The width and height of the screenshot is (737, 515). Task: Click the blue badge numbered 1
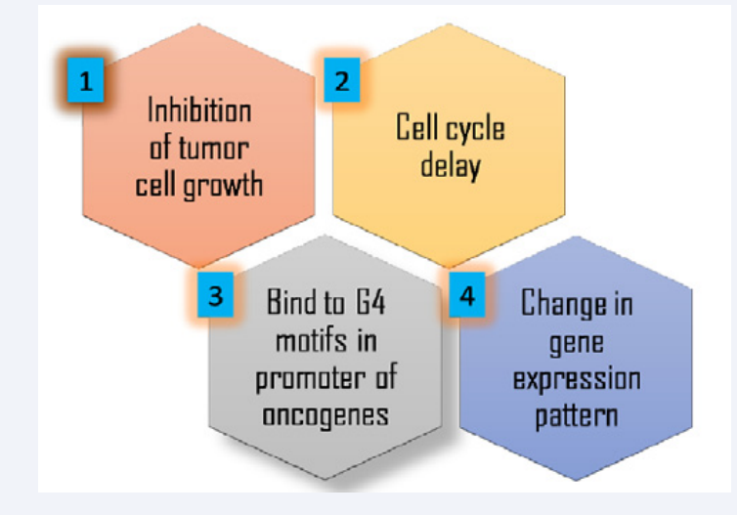click(x=86, y=80)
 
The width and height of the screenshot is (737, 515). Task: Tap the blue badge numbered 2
click(x=342, y=80)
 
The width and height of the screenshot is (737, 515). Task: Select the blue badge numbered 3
click(x=215, y=294)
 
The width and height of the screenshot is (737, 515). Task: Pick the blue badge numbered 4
click(x=467, y=294)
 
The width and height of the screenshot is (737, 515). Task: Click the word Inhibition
click(x=199, y=110)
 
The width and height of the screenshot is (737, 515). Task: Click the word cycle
click(x=476, y=128)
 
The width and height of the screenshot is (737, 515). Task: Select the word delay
click(x=451, y=165)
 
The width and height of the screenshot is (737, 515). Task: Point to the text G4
click(x=370, y=302)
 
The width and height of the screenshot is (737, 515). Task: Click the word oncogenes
click(x=325, y=416)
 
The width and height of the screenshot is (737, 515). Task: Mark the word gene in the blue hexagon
click(x=577, y=343)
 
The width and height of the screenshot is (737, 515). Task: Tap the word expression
click(x=577, y=380)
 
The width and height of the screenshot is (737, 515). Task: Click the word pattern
click(x=577, y=416)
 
